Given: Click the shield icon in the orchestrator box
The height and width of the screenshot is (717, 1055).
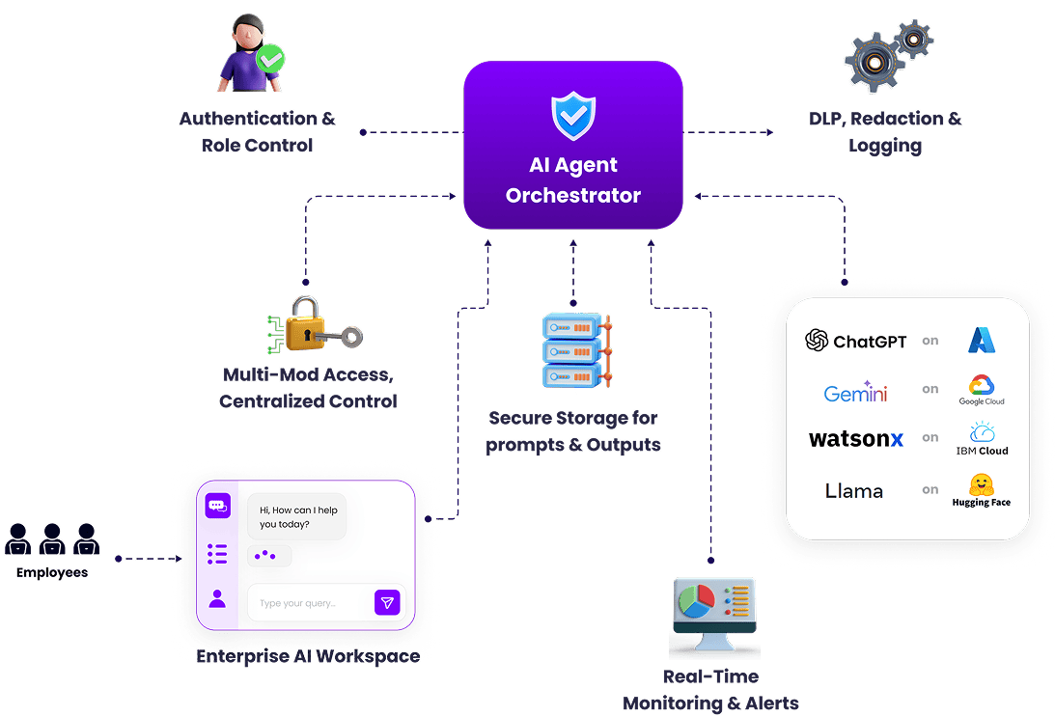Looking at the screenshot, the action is click(573, 116).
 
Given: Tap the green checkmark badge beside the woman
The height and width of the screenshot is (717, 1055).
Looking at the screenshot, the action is click(270, 59).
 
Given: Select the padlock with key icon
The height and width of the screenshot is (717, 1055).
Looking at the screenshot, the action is click(315, 325).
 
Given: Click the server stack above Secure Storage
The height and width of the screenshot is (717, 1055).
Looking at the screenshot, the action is click(576, 349).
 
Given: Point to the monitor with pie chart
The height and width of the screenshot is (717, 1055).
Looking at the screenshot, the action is click(714, 614).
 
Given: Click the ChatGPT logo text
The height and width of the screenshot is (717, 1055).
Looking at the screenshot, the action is click(856, 341).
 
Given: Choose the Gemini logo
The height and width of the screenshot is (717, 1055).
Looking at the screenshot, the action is click(856, 392).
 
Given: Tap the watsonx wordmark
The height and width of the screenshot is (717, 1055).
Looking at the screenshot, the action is click(856, 439).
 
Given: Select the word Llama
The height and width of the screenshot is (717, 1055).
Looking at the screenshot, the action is click(854, 491).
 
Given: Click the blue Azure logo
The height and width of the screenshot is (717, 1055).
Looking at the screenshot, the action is click(982, 341).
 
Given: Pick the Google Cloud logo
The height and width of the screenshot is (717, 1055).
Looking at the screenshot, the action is click(982, 390).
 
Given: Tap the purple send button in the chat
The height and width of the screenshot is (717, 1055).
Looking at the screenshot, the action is click(387, 603).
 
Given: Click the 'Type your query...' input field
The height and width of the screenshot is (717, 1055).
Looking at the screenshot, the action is click(311, 603).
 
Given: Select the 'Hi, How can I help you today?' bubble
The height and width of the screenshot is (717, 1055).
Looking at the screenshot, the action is click(297, 516).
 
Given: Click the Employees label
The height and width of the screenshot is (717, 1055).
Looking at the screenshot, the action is click(52, 572).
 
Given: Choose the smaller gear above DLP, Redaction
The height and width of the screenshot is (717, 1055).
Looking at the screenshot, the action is click(913, 39).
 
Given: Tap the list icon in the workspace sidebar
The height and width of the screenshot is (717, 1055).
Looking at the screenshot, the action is click(217, 554).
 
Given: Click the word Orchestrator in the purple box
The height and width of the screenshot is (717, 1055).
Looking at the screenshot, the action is click(573, 195).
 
